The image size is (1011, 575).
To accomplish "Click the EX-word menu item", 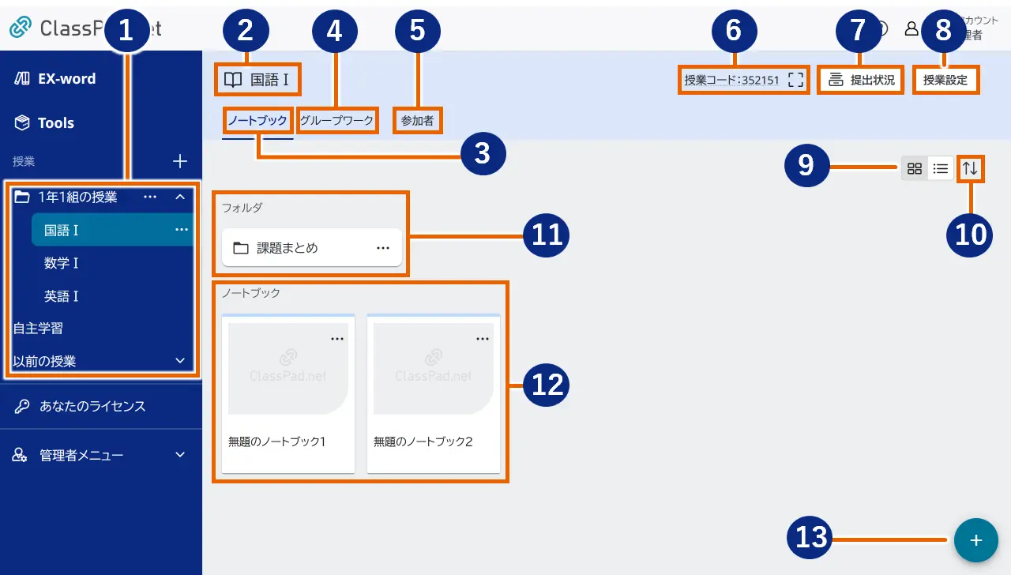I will (x=66, y=79).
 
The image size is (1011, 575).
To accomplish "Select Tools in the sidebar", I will (x=55, y=123).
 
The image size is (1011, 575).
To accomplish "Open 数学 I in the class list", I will (x=62, y=263).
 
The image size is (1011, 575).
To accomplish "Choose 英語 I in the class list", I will (x=62, y=296).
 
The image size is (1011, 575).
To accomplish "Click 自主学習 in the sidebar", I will (x=38, y=328).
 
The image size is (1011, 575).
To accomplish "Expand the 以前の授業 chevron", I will (x=179, y=361).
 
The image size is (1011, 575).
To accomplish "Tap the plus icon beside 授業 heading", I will (x=180, y=162).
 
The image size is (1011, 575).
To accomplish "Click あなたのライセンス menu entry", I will (x=92, y=407).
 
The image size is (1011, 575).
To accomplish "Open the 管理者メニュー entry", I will (x=81, y=455).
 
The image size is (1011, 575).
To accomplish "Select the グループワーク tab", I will (x=336, y=121).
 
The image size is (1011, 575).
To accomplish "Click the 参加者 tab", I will (x=417, y=121).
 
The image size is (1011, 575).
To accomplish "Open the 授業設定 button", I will (x=945, y=81).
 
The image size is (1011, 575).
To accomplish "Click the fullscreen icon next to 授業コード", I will (x=795, y=81).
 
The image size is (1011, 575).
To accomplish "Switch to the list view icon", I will (x=941, y=168).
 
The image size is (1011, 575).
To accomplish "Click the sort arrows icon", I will (x=970, y=168).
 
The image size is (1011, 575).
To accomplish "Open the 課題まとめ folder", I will (x=288, y=248).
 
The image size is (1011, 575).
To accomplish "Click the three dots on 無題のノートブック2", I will (x=483, y=339).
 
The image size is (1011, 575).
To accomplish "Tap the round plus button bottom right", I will (x=976, y=540).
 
